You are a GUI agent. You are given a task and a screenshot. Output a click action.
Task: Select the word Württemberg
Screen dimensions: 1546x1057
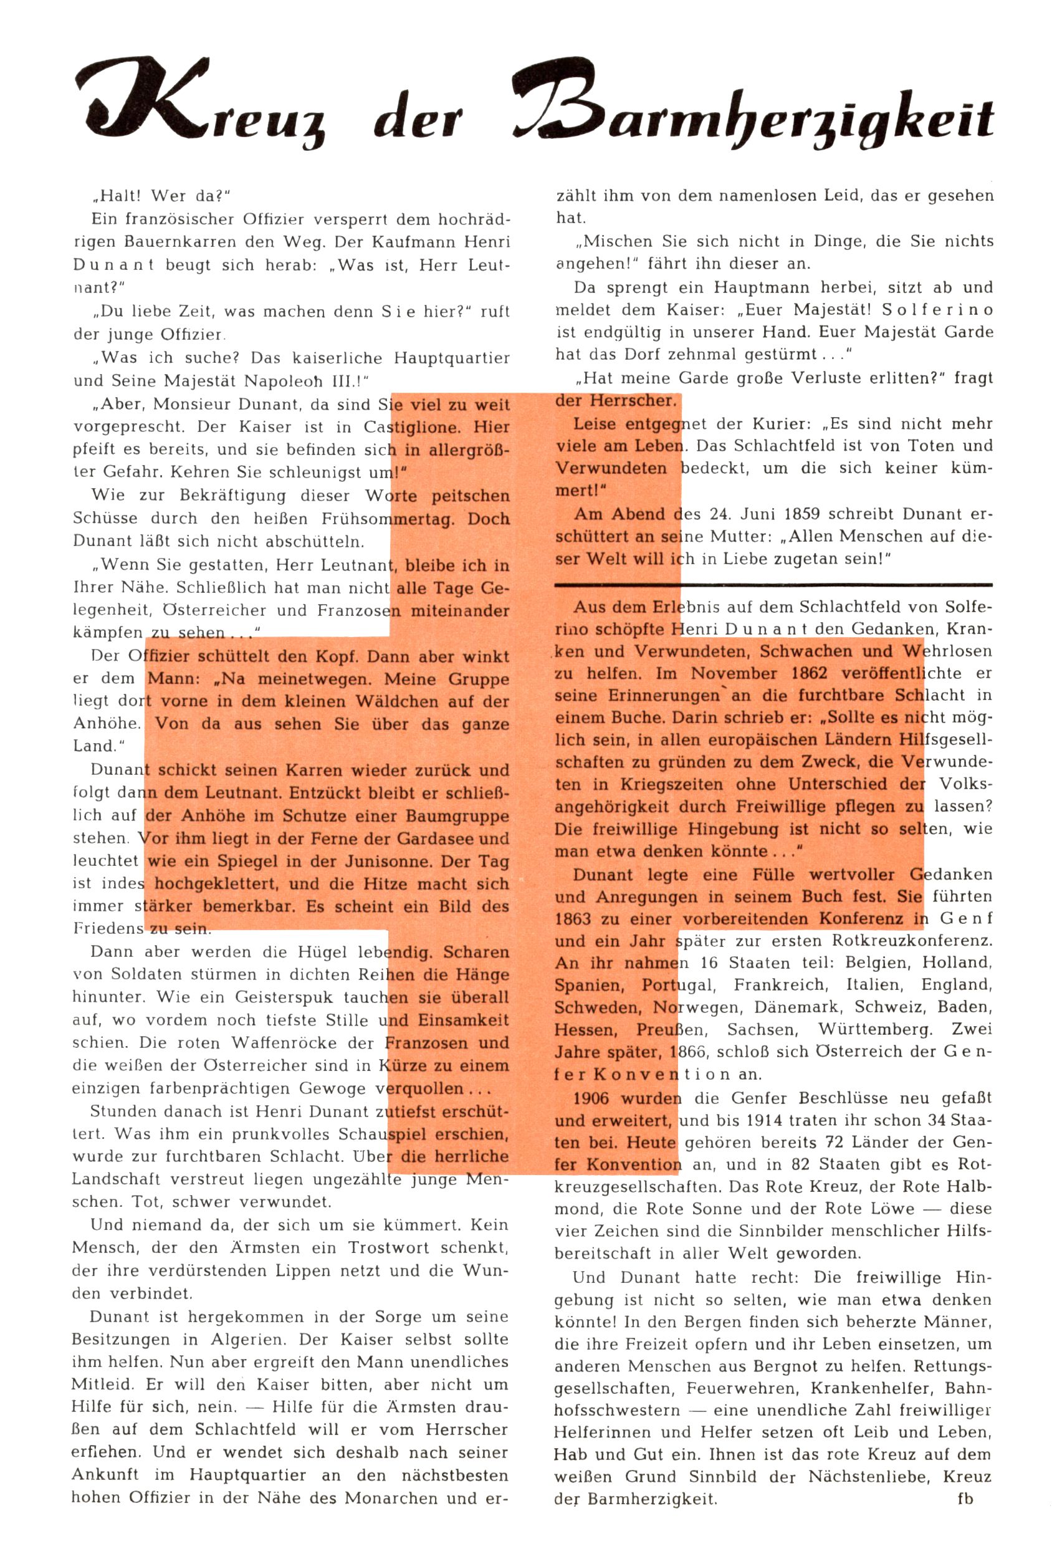pyautogui.click(x=876, y=1029)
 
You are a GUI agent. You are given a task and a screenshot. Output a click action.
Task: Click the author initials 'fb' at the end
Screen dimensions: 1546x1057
pyautogui.click(x=965, y=1499)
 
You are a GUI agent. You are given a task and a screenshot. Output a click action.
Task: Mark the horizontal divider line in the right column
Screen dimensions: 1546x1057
pyautogui.click(x=773, y=585)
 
